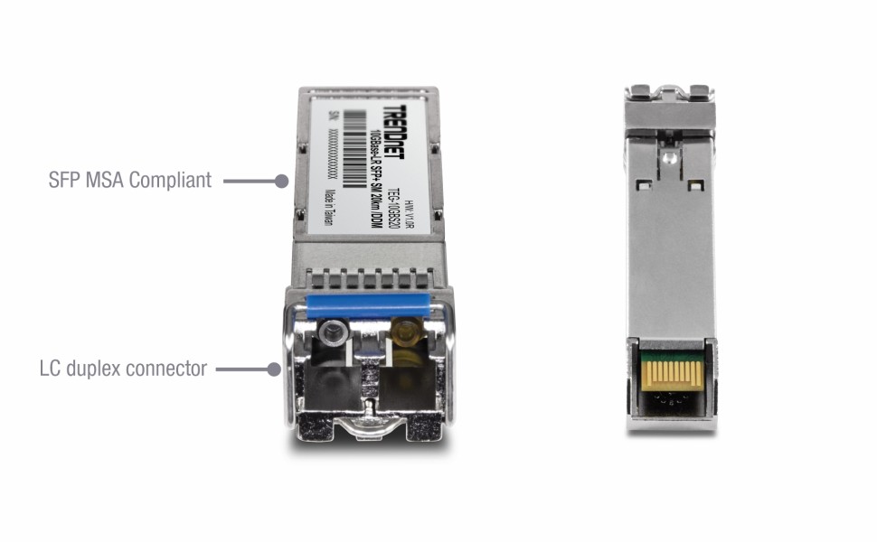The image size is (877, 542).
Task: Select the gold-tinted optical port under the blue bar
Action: [407, 331]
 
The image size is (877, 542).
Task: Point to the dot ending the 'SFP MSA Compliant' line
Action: [281, 181]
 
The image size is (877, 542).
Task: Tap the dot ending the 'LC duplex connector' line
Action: [275, 369]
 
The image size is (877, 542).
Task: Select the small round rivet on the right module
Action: [667, 159]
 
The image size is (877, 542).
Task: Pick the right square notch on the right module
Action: [694, 185]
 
